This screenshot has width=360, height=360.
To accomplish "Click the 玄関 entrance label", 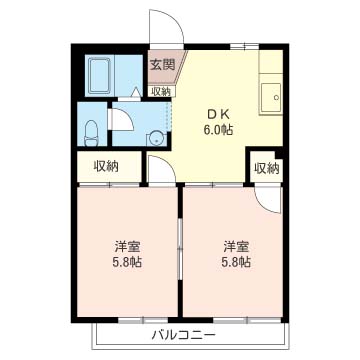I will pyautogui.click(x=162, y=65).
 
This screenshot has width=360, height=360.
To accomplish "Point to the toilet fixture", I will pyautogui.click(x=90, y=130).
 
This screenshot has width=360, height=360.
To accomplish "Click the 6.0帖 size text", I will pyautogui.click(x=217, y=130).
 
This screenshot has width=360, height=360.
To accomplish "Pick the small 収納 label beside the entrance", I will pyautogui.click(x=161, y=92).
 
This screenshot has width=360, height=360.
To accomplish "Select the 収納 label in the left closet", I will pyautogui.click(x=107, y=167).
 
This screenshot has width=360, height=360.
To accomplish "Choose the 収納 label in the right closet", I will pyautogui.click(x=266, y=167).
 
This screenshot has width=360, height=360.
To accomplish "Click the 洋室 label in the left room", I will pyautogui.click(x=124, y=246).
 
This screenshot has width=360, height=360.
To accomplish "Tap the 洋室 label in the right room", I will pyautogui.click(x=236, y=246).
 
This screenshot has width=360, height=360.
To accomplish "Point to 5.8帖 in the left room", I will pyautogui.click(x=124, y=263).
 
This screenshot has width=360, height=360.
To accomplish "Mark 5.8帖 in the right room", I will pyautogui.click(x=236, y=263).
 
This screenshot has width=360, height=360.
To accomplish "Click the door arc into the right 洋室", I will pyautogui.click(x=268, y=197).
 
